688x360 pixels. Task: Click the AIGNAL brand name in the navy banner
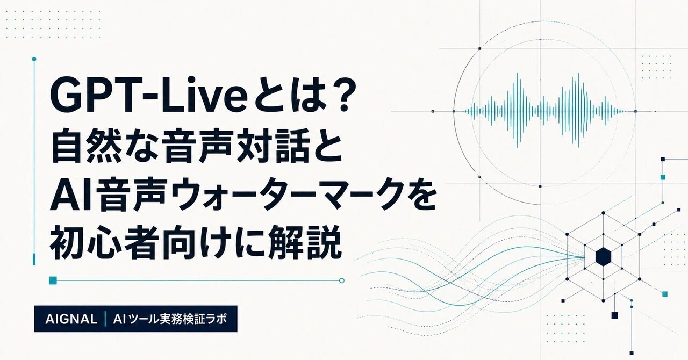pyautogui.click(x=71, y=319)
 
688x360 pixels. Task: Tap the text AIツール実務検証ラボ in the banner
pyautogui.click(x=170, y=319)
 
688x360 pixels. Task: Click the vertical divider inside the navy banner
pyautogui.click(x=105, y=319)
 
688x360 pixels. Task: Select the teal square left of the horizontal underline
pyautogui.click(x=53, y=280)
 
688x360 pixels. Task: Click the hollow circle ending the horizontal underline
pyautogui.click(x=341, y=280)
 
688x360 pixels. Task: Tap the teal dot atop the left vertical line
pyautogui.click(x=34, y=59)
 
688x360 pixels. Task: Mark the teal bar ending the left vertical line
pyautogui.click(x=34, y=259)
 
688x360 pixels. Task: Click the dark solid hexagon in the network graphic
pyautogui.click(x=604, y=257)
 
